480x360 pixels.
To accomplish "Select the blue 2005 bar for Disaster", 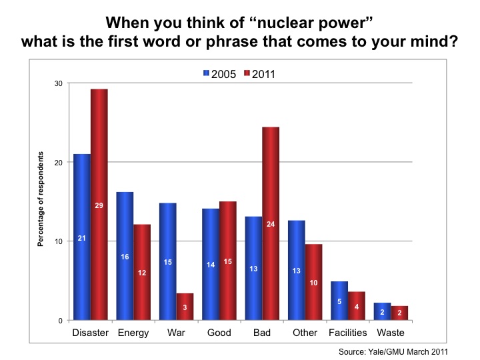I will pyautogui.click(x=82, y=237).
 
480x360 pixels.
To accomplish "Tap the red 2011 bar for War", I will pyautogui.click(x=185, y=307).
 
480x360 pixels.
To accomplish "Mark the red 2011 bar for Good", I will pyautogui.click(x=228, y=261).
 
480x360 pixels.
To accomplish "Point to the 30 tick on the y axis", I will pyautogui.click(x=59, y=83).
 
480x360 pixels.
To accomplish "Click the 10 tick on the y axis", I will pyautogui.click(x=59, y=241).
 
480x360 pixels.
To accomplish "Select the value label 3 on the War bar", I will pyautogui.click(x=185, y=307).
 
